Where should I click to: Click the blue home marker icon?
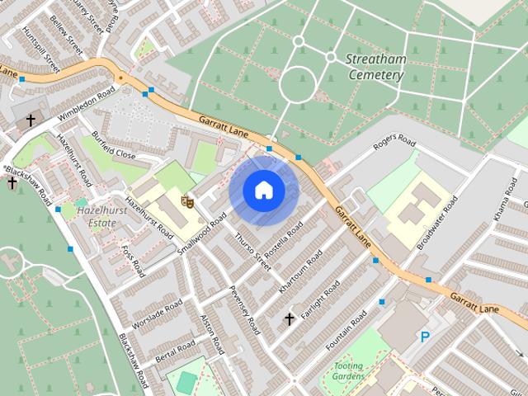tap(263, 190)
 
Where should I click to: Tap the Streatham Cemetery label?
tap(375, 67)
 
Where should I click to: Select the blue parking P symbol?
tap(425, 337)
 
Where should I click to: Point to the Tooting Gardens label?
tap(348, 370)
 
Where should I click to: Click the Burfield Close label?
tap(114, 145)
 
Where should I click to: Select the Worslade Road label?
tap(157, 314)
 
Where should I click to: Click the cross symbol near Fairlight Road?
tap(289, 318)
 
